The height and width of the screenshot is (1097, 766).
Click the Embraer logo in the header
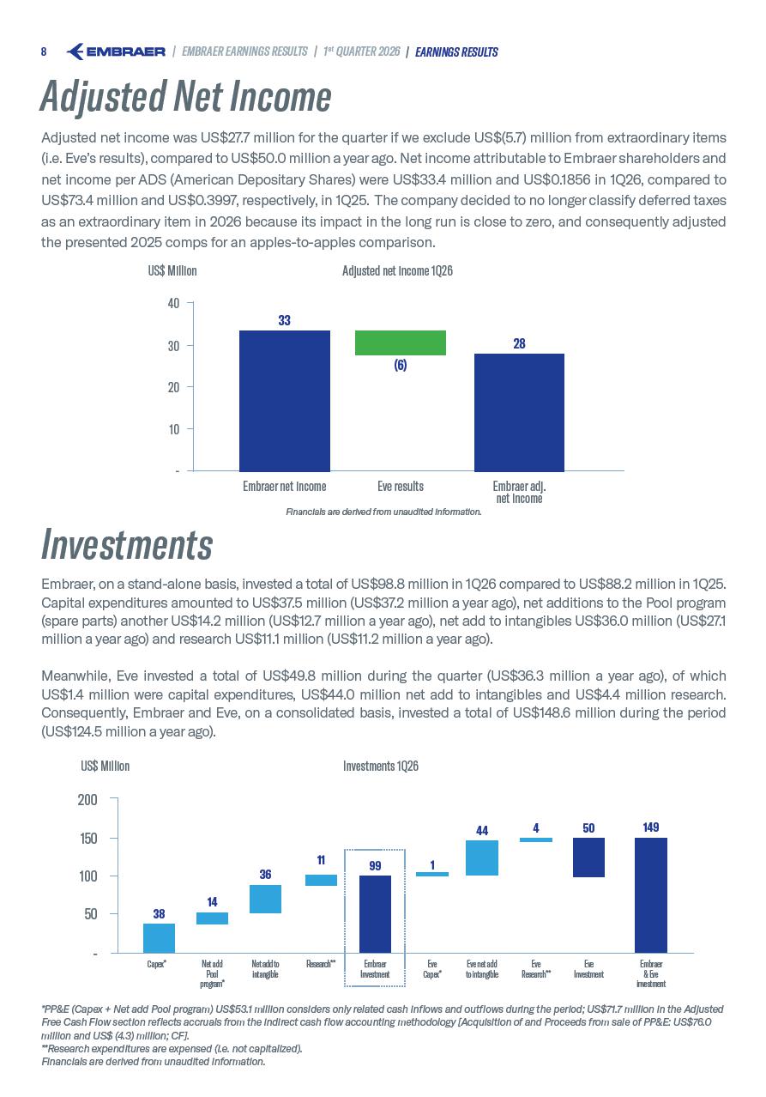[x=116, y=52]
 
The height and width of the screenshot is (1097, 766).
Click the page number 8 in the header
[x=44, y=52]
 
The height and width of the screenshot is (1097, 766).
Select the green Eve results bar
[x=400, y=342]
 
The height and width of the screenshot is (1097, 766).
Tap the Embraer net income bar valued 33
[x=285, y=401]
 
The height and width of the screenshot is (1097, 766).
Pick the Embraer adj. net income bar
[x=519, y=412]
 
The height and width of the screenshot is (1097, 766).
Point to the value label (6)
[x=400, y=365]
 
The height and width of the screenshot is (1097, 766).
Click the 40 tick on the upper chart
[x=174, y=303]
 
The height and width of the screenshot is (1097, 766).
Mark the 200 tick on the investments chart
[x=87, y=800]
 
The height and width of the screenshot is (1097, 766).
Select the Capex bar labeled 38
[x=159, y=938]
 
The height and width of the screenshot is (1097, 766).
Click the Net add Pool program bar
[x=212, y=918]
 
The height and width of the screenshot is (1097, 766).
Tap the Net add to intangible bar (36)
[x=265, y=899]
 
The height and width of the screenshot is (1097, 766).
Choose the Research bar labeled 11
[x=321, y=880]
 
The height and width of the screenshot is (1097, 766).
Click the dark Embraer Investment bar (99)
[x=375, y=914]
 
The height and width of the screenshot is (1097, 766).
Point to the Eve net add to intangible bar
[x=482, y=858]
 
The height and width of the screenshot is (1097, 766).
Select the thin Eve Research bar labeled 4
[x=536, y=839]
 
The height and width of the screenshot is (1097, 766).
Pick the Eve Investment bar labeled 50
[x=588, y=857]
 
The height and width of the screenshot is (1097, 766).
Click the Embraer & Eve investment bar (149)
[x=651, y=895]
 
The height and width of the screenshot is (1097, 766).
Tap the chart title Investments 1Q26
[x=381, y=766]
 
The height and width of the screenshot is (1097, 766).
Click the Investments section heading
[x=127, y=545]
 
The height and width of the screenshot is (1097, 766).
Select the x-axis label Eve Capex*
[x=432, y=969]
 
